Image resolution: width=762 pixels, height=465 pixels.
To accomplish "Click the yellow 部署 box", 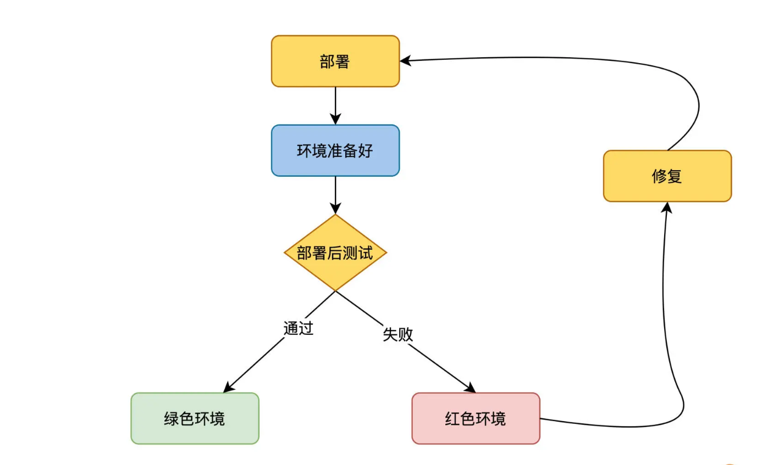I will [335, 61].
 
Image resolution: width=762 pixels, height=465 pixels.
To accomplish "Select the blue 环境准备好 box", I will [335, 150].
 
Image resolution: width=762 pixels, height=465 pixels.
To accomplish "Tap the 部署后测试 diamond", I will [335, 253].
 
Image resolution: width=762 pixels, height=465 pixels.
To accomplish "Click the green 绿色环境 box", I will [195, 418].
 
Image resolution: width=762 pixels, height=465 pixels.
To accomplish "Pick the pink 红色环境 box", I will [476, 418].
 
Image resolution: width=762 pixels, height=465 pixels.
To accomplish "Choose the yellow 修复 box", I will [667, 176].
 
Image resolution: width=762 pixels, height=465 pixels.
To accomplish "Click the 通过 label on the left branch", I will [298, 328].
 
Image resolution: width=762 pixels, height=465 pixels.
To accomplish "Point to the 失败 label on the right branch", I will [397, 334].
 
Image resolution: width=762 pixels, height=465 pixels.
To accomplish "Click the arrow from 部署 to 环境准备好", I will [335, 104].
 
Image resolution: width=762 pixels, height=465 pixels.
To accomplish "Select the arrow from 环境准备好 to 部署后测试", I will [335, 194].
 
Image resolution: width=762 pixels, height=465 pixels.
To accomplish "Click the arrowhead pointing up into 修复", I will [667, 207].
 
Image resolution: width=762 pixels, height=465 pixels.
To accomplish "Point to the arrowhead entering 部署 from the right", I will [406, 61].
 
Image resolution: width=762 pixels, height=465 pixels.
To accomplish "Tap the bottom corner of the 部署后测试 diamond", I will [335, 290].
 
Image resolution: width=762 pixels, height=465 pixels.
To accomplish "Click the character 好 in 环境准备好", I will [366, 151].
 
